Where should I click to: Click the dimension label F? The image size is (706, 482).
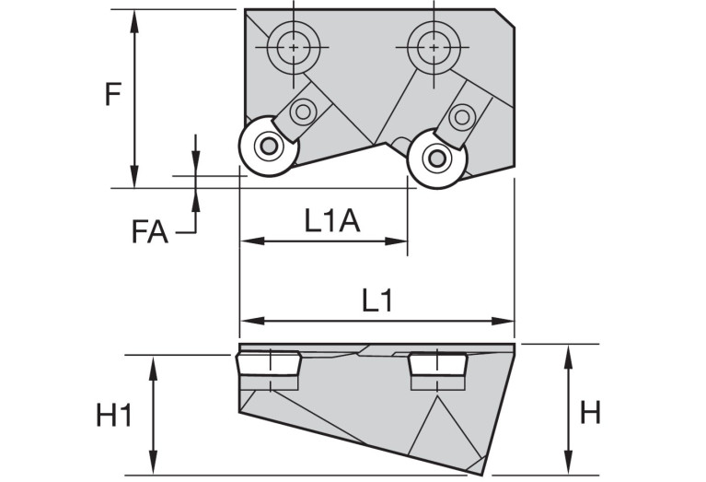(x=112, y=94)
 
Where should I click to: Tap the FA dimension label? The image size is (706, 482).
(x=149, y=231)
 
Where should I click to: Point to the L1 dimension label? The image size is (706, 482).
(x=377, y=300)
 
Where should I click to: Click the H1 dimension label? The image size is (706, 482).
(x=115, y=417)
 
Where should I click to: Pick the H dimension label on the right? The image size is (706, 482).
(x=590, y=413)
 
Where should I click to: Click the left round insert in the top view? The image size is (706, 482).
(x=268, y=146)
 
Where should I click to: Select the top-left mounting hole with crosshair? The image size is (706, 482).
(x=293, y=46)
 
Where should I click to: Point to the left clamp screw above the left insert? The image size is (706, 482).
(x=301, y=112)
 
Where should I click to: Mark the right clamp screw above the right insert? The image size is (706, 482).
(x=462, y=116)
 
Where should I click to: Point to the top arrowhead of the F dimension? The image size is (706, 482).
(x=135, y=18)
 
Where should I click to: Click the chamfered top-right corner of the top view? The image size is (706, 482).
(x=505, y=18)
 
